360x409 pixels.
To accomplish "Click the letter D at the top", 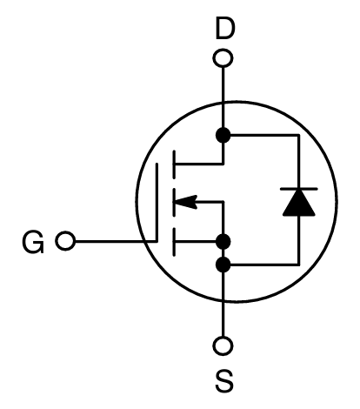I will click(x=223, y=30).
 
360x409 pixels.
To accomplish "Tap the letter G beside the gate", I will click(x=34, y=241).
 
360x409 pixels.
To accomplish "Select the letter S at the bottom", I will click(x=223, y=380).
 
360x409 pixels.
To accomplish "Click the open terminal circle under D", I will click(x=223, y=59).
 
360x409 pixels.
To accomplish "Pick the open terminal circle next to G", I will click(x=63, y=241).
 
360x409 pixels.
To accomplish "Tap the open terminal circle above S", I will click(x=223, y=346).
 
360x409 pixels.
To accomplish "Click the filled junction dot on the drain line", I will click(x=223, y=135).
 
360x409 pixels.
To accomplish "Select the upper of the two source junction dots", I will click(x=223, y=241).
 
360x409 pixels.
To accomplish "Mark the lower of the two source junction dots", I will click(x=223, y=264).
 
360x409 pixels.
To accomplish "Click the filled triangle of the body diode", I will click(x=298, y=203).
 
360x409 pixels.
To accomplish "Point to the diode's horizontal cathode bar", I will click(x=298, y=189).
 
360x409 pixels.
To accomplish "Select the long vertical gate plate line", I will click(x=160, y=202).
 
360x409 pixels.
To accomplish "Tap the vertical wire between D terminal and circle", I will click(x=223, y=87).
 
